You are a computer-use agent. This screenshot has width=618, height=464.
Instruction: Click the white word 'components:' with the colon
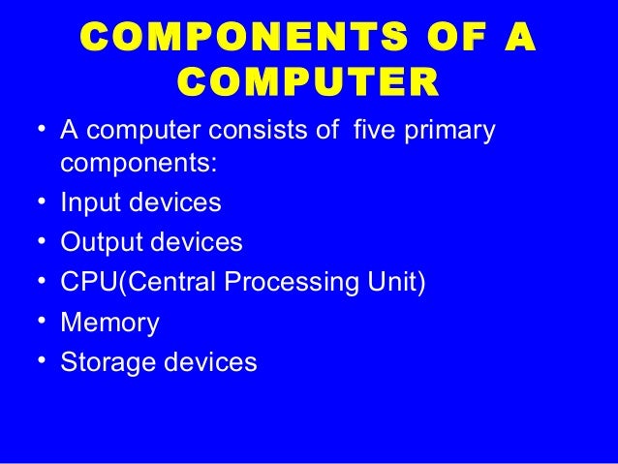click(x=139, y=166)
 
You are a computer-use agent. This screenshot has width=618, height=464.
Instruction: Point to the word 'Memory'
click(x=109, y=324)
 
